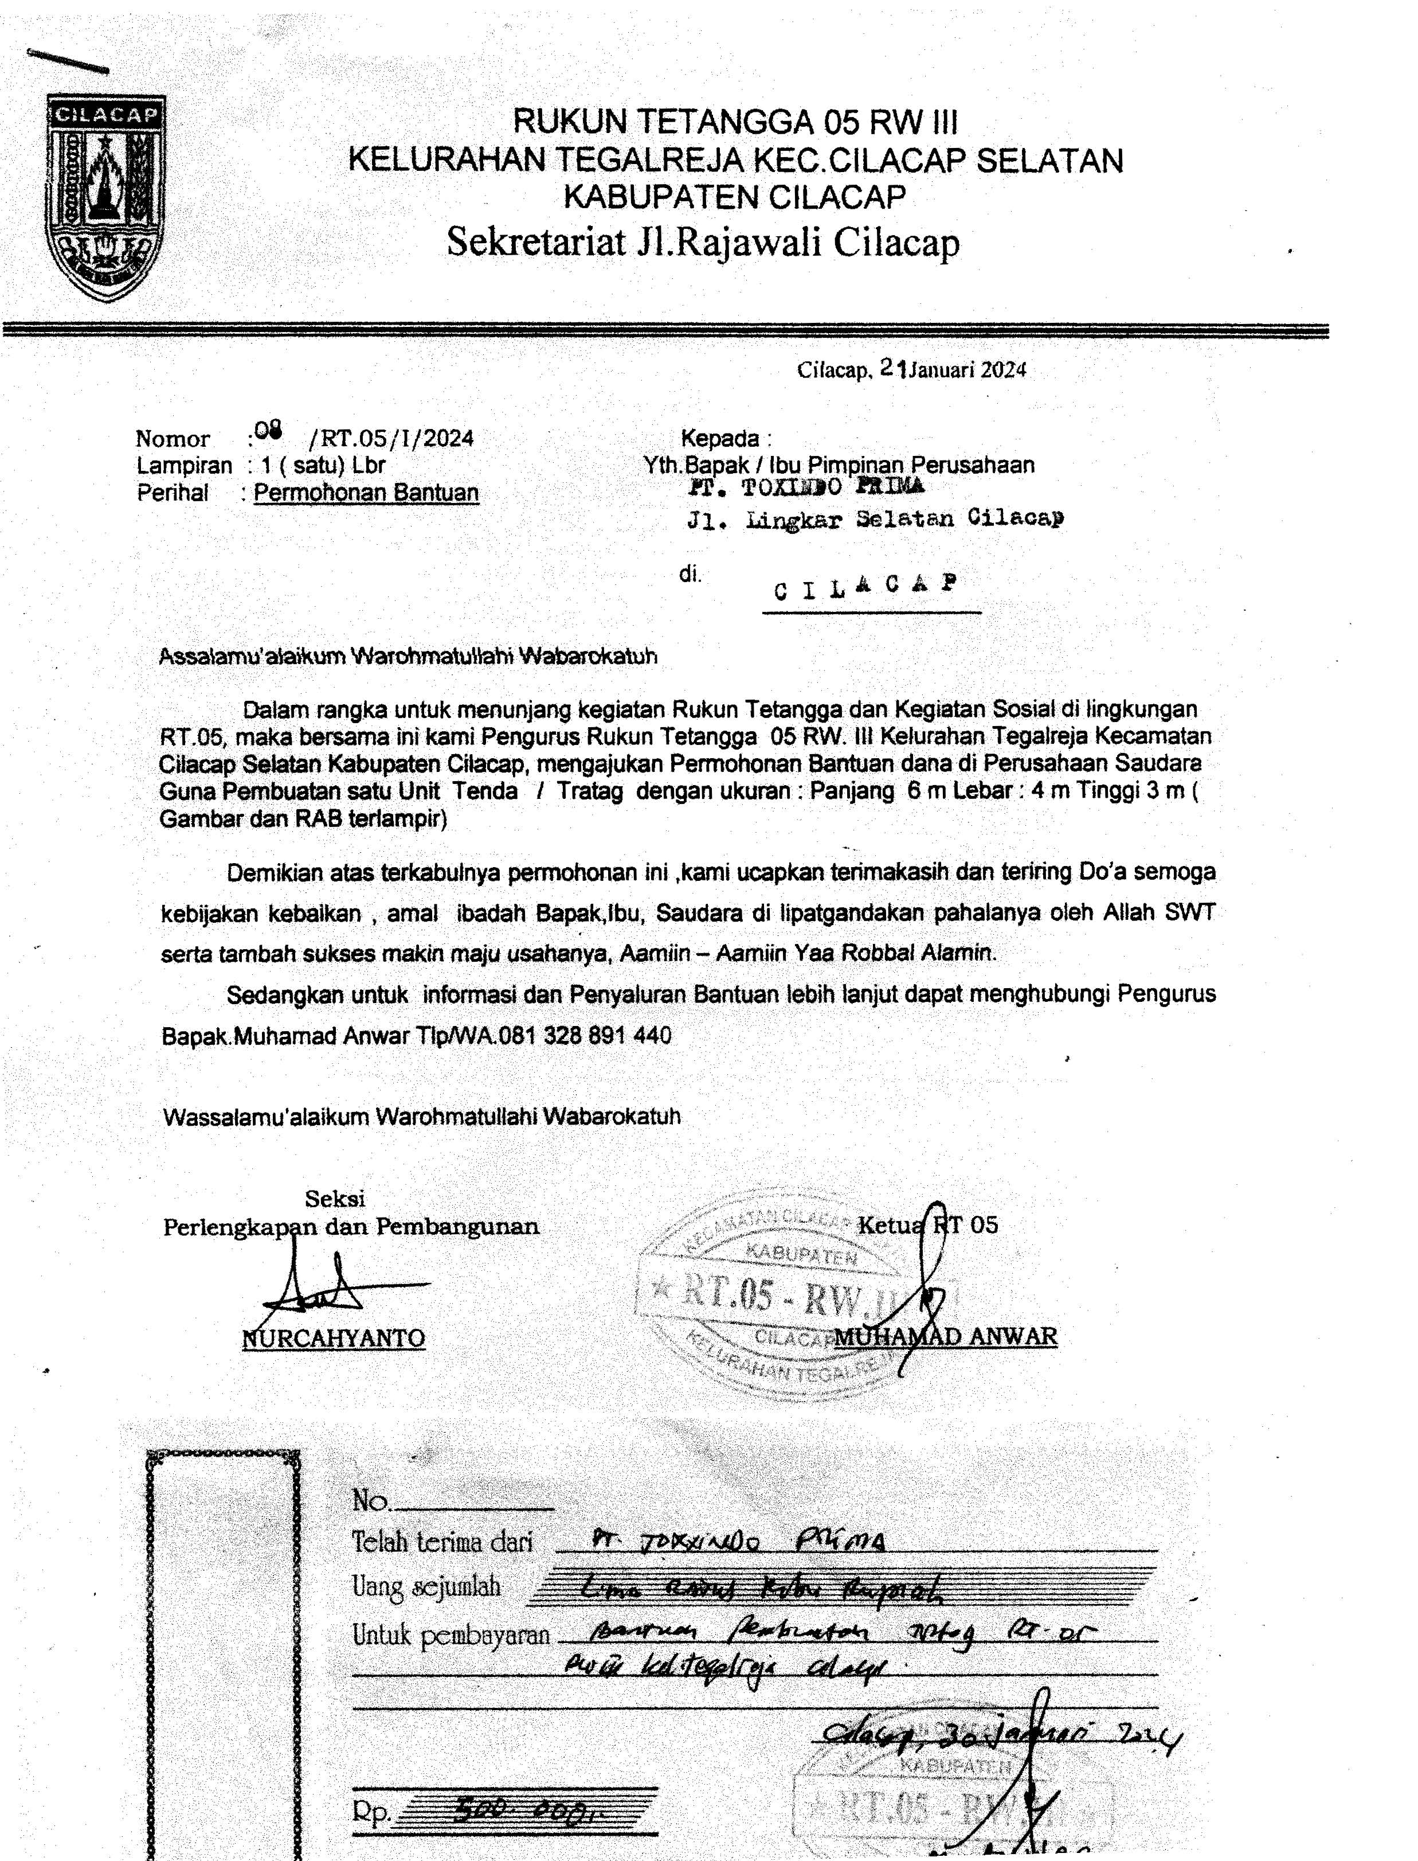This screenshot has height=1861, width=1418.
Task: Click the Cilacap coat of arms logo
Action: [105, 198]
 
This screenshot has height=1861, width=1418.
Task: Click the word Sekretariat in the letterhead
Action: [535, 243]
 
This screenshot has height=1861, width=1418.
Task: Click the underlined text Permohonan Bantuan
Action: [366, 493]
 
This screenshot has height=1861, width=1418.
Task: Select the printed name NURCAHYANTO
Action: [334, 1339]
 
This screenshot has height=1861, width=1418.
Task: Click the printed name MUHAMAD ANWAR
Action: [946, 1336]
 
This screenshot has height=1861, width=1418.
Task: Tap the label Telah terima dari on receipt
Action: [442, 1542]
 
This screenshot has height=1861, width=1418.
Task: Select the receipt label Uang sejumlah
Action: [426, 1586]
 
